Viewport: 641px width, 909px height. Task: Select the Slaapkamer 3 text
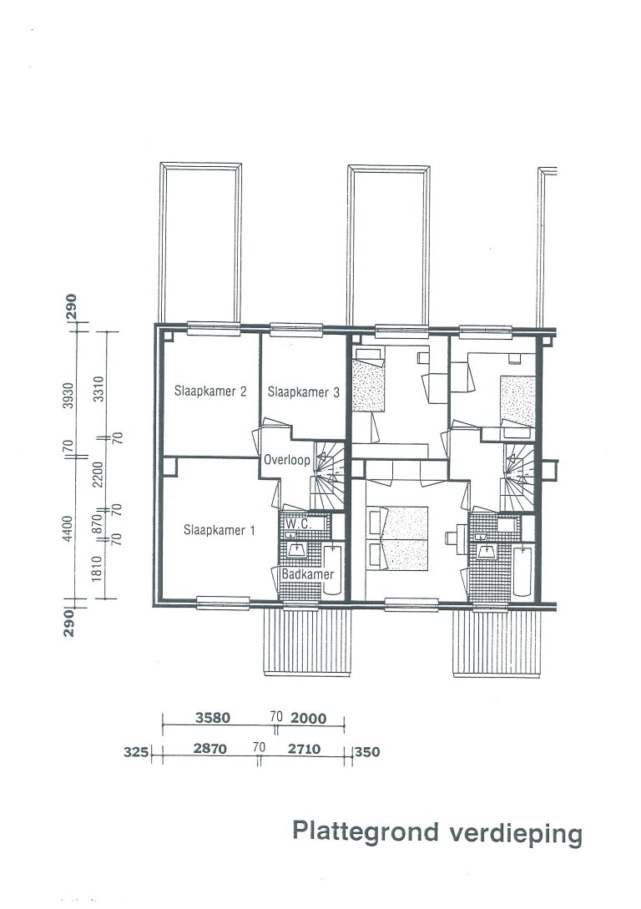coord(302,392)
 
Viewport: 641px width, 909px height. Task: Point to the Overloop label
coord(287,459)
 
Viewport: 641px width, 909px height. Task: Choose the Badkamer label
coord(306,575)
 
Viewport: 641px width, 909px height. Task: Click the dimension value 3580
coord(213,717)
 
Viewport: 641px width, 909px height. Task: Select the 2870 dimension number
coord(210,750)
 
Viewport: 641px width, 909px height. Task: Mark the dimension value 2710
coord(304,750)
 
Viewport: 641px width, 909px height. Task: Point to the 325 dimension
coord(135,751)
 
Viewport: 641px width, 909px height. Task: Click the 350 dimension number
coord(368,751)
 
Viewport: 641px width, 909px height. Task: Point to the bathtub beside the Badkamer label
coord(333,569)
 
